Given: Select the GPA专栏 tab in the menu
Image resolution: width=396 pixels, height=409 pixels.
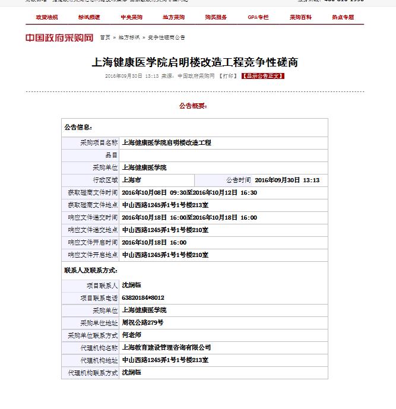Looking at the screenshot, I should tap(258, 17).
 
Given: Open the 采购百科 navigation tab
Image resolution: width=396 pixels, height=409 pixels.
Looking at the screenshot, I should tap(300, 17).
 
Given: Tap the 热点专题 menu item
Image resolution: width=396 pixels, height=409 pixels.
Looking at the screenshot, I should tap(343, 17).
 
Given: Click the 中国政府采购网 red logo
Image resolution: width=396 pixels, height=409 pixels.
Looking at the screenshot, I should tap(59, 38).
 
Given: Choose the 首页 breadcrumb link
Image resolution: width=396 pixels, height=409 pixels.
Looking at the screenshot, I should tap(105, 37).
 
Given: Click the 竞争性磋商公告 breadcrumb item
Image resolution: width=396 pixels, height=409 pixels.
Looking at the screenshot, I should tap(166, 37).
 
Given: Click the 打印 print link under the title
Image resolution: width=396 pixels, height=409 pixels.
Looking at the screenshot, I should tap(228, 76).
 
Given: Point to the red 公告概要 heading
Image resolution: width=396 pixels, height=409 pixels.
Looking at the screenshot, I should tap(193, 106).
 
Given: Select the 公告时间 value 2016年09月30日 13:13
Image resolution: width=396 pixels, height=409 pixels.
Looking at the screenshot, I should tap(287, 180).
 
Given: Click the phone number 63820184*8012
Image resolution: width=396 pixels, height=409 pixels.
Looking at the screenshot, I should tap(142, 297).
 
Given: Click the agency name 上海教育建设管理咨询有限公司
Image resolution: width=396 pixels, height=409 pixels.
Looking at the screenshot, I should tap(166, 347).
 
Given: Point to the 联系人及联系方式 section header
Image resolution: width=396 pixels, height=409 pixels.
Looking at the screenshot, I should tap(86, 270).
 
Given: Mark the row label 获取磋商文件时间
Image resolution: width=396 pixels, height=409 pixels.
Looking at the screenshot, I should tap(93, 192).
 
